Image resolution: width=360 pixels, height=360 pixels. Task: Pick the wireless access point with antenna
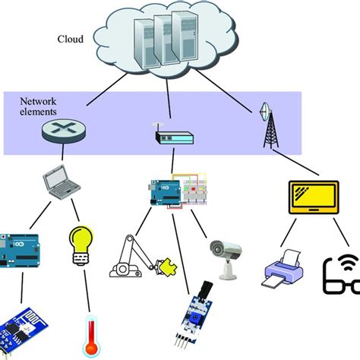click(x=174, y=137)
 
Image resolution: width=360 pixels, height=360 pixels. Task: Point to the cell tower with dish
click(x=268, y=129)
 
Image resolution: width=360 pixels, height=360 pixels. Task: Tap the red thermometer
click(x=91, y=337)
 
